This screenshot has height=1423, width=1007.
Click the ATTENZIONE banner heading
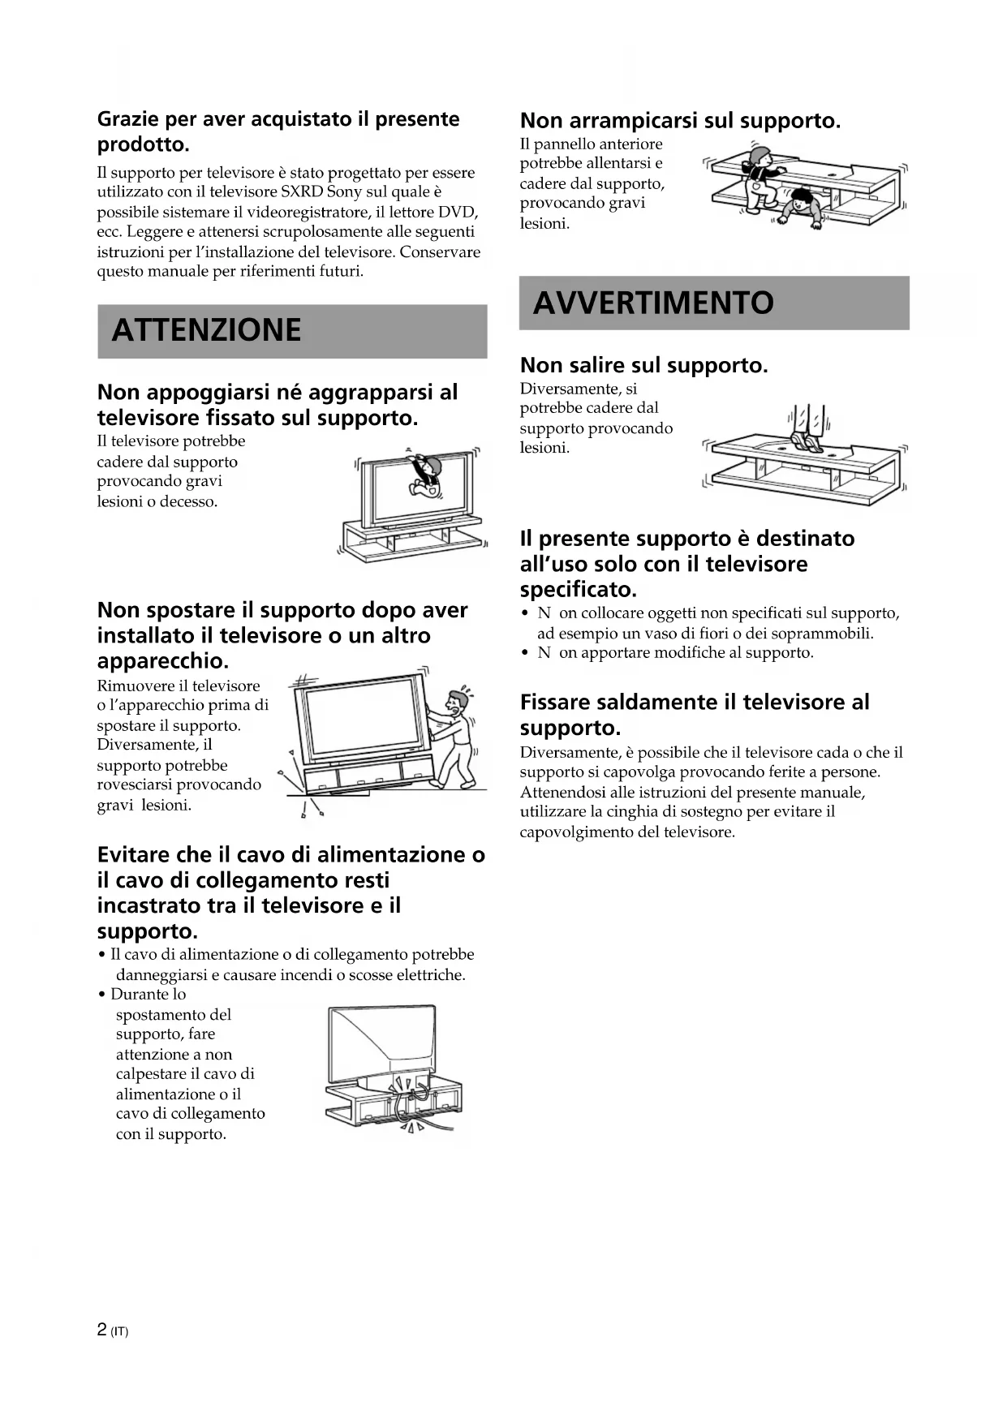[206, 331]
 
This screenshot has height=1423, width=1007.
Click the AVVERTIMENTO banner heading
[653, 303]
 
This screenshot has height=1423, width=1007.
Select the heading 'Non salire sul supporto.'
[643, 365]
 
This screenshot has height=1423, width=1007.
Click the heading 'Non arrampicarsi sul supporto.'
[680, 121]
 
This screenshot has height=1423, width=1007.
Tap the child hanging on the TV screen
[424, 475]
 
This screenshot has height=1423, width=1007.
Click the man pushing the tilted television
[454, 737]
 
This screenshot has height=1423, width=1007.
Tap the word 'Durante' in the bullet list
[136, 995]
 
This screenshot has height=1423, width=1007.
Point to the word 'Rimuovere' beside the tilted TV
[131, 686]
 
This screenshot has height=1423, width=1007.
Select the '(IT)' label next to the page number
[119, 1331]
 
